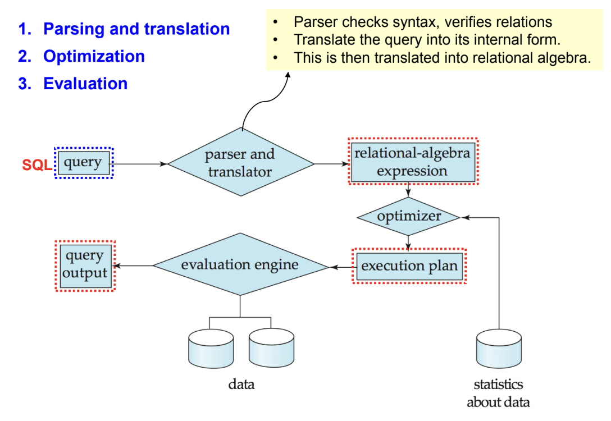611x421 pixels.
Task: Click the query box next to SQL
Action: (83, 163)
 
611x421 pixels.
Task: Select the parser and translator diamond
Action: (240, 163)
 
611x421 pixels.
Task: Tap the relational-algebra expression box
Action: (412, 162)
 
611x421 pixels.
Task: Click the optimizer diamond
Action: (408, 217)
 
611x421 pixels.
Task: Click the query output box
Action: (85, 266)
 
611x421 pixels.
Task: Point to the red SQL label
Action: (37, 164)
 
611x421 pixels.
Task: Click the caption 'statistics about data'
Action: (498, 393)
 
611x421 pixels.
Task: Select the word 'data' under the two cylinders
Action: (241, 385)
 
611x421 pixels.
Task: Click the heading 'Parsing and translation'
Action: (136, 29)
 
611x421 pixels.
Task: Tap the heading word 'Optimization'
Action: (94, 56)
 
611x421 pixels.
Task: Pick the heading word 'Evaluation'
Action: (85, 84)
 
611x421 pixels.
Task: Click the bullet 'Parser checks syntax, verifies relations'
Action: (422, 22)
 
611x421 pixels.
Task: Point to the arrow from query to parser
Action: (140, 164)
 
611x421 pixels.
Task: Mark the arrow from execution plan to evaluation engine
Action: (340, 267)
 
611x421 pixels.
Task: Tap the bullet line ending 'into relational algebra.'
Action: (442, 58)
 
